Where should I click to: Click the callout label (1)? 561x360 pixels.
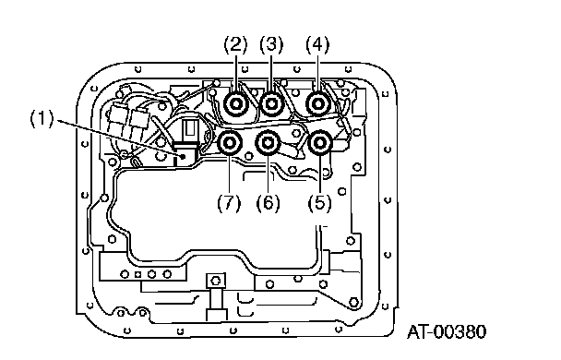[42, 118]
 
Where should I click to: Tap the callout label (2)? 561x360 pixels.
[235, 44]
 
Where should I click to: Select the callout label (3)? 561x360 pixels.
[271, 44]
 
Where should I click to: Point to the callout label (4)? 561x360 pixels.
[317, 44]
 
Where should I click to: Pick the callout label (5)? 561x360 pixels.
[319, 203]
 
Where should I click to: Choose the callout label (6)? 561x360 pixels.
[268, 203]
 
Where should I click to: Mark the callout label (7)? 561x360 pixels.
[229, 203]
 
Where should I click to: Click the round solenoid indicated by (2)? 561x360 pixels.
[236, 104]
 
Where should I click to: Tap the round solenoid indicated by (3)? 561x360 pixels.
[271, 104]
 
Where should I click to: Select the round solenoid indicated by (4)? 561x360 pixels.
[318, 104]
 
